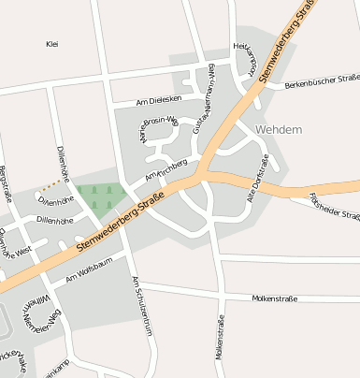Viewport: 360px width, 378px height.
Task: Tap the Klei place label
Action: [x=51, y=44]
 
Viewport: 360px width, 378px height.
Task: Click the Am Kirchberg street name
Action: [x=166, y=170]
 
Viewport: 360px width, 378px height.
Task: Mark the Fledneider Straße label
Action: [x=335, y=208]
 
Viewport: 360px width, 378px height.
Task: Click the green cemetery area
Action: [x=102, y=196]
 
